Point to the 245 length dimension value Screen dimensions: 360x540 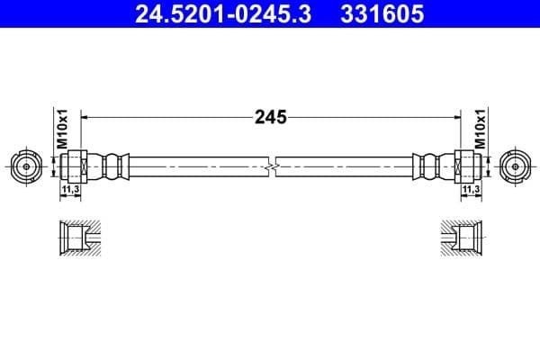tap(270, 117)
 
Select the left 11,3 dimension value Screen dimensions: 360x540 tap(70, 191)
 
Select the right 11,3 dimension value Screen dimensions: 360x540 tap(469, 191)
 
